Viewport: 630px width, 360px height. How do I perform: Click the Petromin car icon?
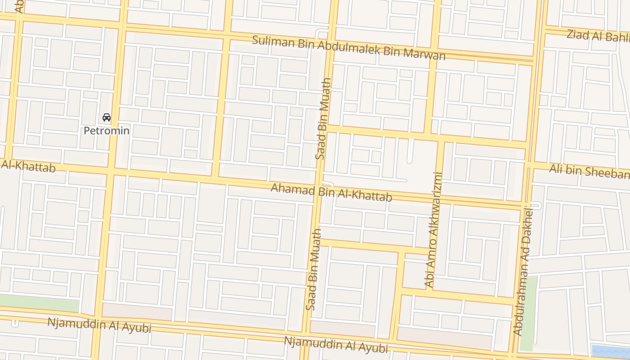[x=107, y=117]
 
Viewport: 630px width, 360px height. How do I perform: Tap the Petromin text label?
[x=107, y=131]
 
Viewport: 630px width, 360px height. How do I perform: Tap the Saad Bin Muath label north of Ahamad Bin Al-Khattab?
[x=324, y=118]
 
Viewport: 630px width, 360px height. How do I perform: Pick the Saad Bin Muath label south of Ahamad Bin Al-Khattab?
[x=314, y=269]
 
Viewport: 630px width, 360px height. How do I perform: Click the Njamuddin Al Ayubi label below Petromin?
[x=99, y=325]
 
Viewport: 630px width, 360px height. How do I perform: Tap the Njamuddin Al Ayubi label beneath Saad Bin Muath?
[x=335, y=344]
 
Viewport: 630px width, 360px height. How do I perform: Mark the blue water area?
[x=610, y=351]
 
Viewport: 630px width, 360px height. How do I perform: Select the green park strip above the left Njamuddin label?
[x=38, y=303]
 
